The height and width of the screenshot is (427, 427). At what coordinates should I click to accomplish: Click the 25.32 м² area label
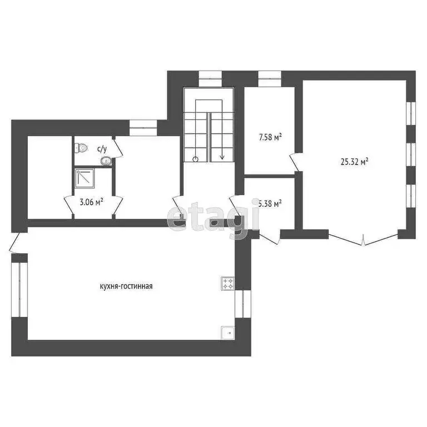354,162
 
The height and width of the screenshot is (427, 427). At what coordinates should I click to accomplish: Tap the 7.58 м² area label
270,136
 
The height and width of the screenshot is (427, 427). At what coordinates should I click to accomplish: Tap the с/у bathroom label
102,148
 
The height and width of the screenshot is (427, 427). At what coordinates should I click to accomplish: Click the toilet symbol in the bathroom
81,148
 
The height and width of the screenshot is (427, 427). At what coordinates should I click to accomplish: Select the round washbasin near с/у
106,161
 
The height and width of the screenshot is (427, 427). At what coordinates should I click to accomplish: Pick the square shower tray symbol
85,178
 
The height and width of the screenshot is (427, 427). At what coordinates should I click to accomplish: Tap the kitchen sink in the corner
227,332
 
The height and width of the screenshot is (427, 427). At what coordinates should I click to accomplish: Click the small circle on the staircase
196,159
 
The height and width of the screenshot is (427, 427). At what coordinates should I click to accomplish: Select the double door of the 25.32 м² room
363,239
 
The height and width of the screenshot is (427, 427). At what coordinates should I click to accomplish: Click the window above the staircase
210,75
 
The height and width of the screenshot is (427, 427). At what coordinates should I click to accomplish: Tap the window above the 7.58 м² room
270,75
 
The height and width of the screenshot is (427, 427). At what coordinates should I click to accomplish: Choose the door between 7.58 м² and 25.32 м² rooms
295,163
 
